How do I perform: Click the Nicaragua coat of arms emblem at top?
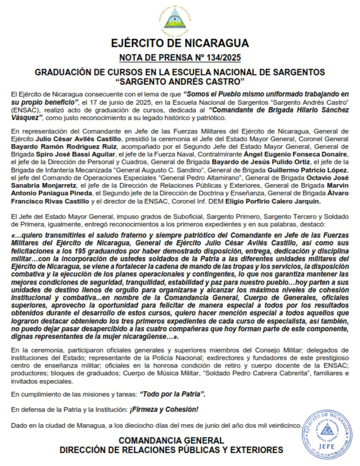179,20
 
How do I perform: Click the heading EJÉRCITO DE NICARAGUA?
180,43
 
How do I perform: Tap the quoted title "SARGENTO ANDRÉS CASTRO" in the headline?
180,81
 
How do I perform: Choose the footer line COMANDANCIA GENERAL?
171,440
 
